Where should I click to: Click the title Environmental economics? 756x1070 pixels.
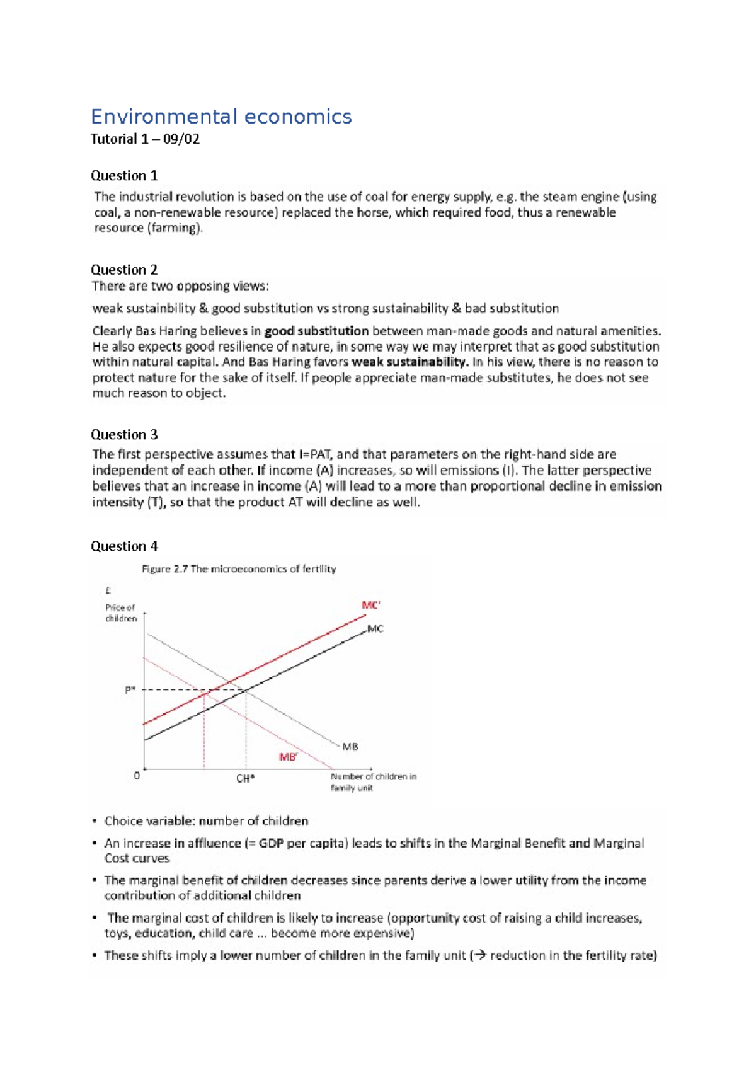pos(220,117)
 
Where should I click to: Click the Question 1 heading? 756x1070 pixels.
pos(124,175)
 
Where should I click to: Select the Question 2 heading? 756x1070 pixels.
pos(124,270)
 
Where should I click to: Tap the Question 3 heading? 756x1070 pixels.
pos(124,434)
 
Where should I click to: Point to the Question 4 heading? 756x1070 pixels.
pos(124,546)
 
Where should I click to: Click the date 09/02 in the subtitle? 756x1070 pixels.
pos(181,139)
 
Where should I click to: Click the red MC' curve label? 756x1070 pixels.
pos(370,606)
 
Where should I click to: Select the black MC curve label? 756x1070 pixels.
pos(375,629)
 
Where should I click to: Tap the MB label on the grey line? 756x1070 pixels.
pos(350,746)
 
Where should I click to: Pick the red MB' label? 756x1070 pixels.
pos(288,757)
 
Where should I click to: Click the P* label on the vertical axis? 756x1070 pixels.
pos(130,690)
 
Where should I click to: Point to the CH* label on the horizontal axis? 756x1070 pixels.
pos(245,779)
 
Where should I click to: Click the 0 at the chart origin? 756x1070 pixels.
pos(137,776)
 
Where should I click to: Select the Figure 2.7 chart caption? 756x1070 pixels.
pos(239,568)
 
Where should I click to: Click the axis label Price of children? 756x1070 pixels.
pos(120,613)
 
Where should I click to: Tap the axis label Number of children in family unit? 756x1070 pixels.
pos(373,782)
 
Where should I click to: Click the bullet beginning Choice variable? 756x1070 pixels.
pos(206,820)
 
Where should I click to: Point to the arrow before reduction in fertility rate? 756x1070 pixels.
pos(480,955)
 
